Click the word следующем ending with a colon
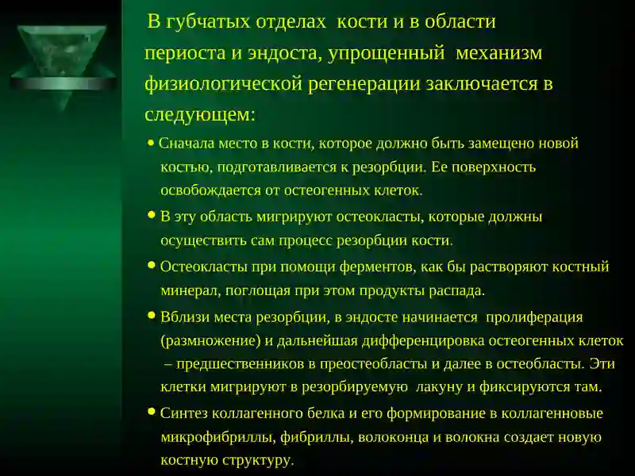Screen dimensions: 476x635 click(200, 114)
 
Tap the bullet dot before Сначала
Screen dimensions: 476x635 click(151, 144)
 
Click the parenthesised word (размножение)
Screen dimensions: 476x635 click(211, 341)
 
